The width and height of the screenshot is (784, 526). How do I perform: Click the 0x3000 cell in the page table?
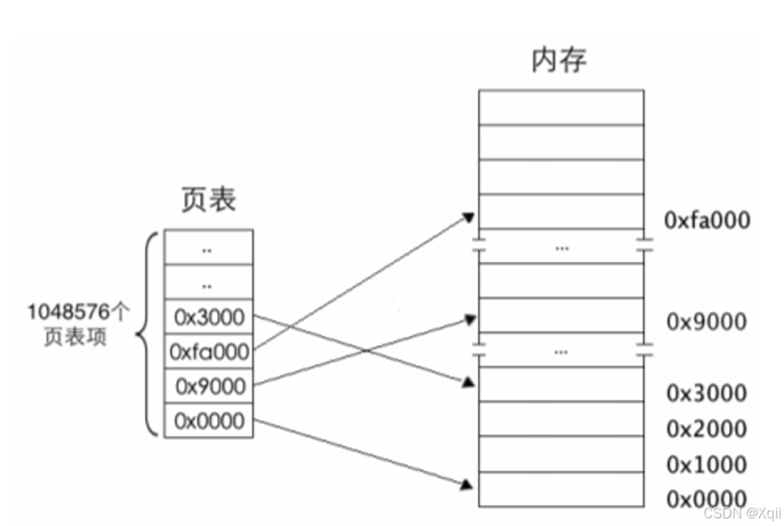click(209, 317)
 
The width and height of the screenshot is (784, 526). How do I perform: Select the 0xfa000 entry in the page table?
click(209, 352)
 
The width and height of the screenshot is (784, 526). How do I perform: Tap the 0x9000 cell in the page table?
click(209, 386)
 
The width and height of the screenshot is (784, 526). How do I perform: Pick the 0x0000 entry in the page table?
click(209, 420)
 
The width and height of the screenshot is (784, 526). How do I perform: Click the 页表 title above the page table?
click(209, 200)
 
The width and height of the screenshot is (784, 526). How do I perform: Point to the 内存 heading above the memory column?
click(559, 60)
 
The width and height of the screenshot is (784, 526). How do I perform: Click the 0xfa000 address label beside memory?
click(706, 220)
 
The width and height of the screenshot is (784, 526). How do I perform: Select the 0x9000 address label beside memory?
click(706, 321)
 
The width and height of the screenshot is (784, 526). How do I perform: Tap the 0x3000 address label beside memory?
click(706, 393)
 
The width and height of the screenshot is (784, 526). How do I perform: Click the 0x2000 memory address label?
click(706, 429)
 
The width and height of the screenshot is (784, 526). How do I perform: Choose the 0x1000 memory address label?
click(706, 464)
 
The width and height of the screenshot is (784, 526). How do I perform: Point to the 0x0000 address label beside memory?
click(706, 498)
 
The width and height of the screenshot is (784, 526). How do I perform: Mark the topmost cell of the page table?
click(209, 247)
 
